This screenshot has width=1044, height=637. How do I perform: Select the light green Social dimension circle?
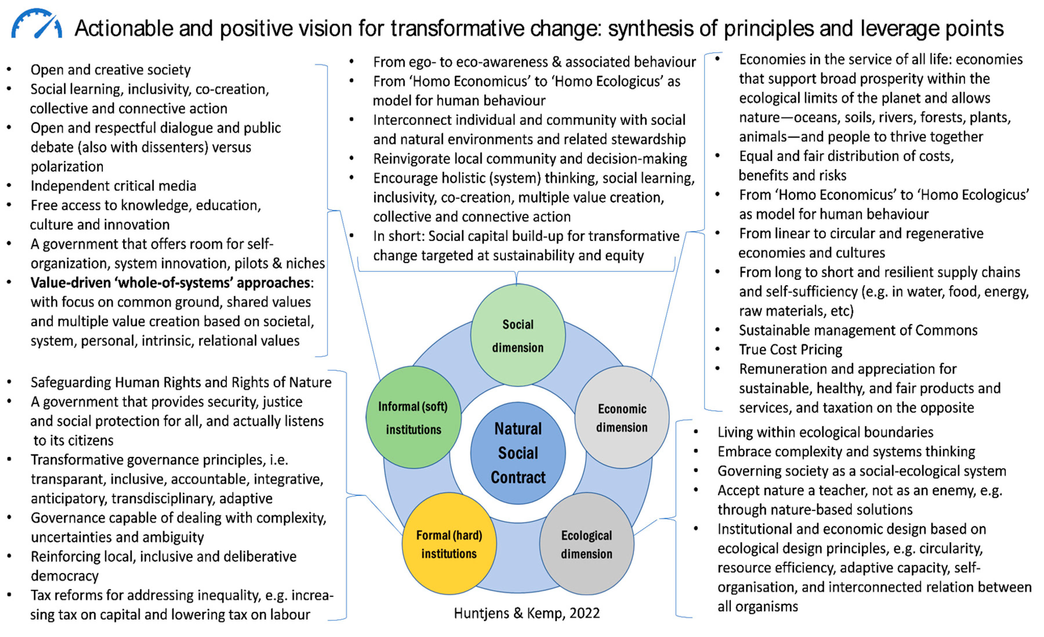(x=518, y=335)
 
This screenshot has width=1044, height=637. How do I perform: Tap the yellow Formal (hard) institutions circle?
(x=449, y=544)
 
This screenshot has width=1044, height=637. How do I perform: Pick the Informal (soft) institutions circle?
(x=413, y=418)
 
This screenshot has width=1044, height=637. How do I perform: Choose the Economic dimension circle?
(x=622, y=418)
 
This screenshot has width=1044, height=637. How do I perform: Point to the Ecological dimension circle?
(x=587, y=544)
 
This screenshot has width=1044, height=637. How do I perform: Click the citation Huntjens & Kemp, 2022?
(x=527, y=613)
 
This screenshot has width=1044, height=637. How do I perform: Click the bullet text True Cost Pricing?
(x=790, y=350)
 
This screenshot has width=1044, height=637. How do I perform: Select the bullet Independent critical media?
(x=113, y=186)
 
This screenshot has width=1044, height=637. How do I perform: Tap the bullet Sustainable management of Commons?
(x=858, y=330)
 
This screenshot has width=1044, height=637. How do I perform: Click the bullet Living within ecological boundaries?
(x=825, y=432)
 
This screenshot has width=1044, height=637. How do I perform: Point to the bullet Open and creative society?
(x=110, y=70)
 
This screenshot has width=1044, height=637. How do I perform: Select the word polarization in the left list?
(x=67, y=166)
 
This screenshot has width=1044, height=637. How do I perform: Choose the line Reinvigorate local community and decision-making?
(x=530, y=159)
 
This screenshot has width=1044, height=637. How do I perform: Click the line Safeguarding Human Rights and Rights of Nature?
(x=181, y=382)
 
